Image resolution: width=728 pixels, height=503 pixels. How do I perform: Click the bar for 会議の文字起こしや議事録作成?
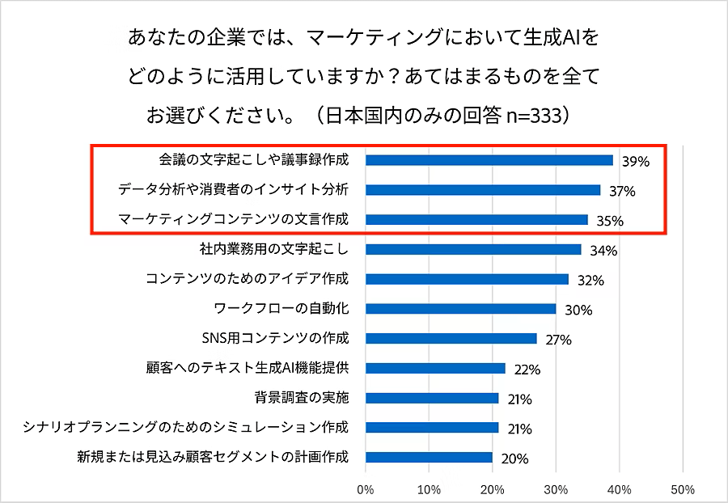click(489, 160)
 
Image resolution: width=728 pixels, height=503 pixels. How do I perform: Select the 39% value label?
click(636, 161)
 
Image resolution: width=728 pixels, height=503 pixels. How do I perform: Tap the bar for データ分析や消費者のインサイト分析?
click(483, 190)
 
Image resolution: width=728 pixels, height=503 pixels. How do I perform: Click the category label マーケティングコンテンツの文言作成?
click(233, 219)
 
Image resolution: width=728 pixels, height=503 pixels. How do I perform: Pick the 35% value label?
click(610, 221)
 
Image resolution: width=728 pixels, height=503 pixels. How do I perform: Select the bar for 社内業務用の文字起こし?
click(473, 249)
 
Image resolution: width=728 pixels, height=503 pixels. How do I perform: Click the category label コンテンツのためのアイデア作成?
click(247, 279)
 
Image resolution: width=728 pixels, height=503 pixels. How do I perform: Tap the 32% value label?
click(591, 281)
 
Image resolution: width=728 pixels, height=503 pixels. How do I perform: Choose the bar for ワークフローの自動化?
click(461, 308)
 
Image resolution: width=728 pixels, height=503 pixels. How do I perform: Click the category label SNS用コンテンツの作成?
click(274, 338)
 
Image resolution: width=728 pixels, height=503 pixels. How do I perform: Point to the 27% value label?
click(559, 340)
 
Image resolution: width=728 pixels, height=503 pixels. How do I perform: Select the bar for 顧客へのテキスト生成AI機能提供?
click(435, 368)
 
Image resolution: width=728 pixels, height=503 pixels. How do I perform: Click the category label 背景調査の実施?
click(301, 398)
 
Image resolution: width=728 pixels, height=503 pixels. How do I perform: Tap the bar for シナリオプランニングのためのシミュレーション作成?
click(432, 427)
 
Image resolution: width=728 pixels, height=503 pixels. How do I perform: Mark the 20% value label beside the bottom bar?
click(514, 459)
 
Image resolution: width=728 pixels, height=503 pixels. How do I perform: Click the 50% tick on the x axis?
click(683, 488)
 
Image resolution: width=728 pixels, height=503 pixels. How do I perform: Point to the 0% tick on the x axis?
click(366, 488)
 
